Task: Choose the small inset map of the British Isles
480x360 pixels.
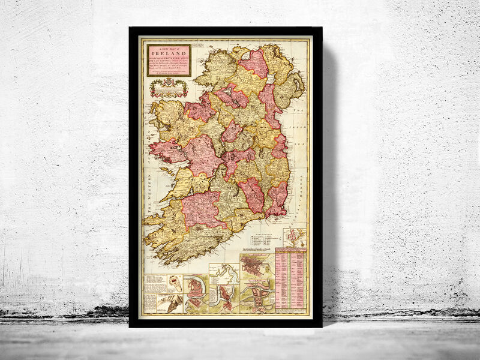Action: [295, 237]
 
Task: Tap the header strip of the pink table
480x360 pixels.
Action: [291, 251]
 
